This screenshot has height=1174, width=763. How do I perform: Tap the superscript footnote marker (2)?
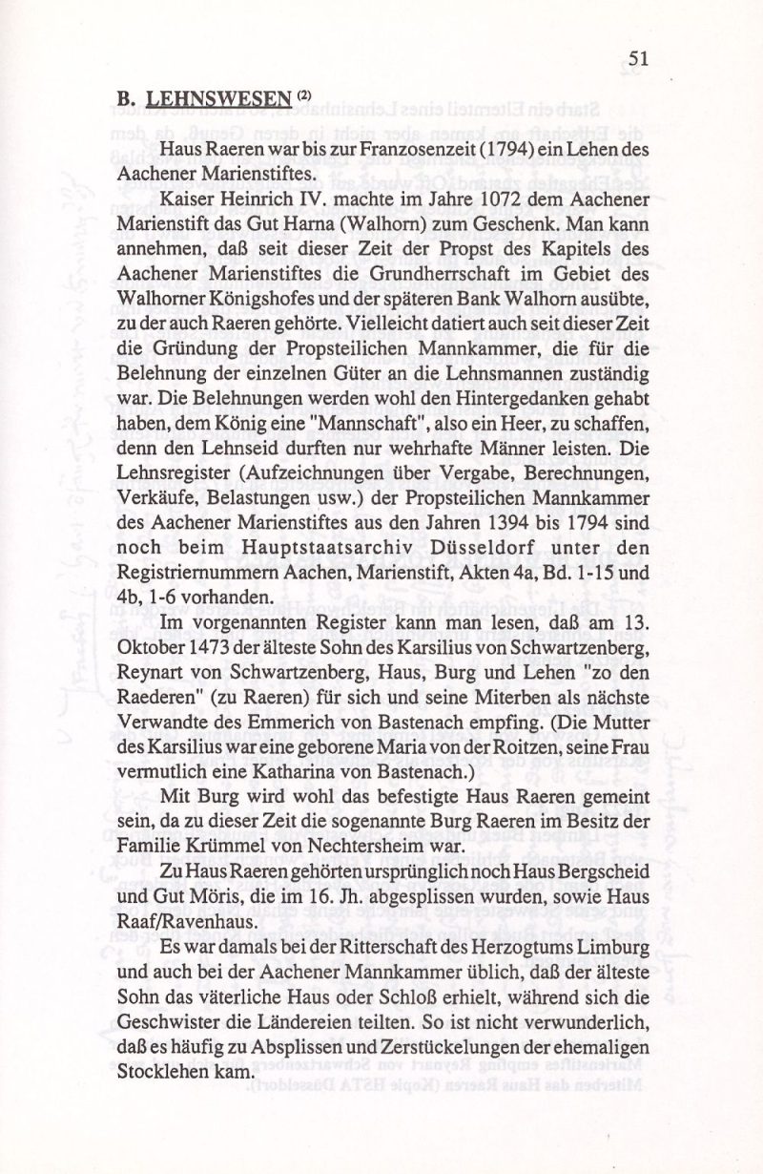click(x=303, y=94)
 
